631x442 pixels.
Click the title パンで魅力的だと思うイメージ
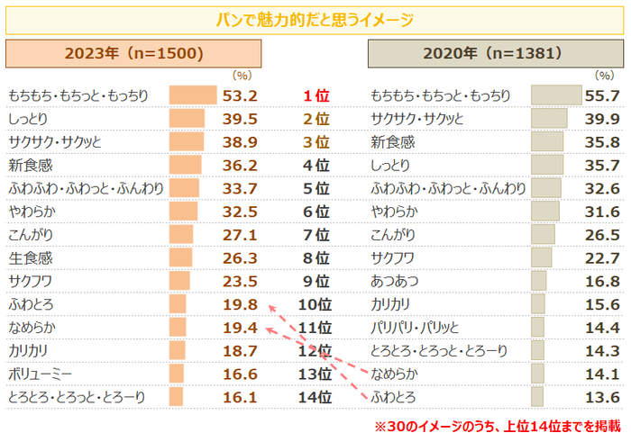pyautogui.click(x=315, y=19)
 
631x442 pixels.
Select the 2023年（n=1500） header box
pyautogui.click(x=133, y=54)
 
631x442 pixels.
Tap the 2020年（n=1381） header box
pyautogui.click(x=495, y=54)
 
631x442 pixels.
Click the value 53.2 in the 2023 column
pyautogui.click(x=241, y=95)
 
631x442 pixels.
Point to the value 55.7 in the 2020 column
pyautogui.click(x=601, y=95)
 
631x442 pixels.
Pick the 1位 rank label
pyautogui.click(x=315, y=95)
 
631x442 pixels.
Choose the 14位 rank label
pyautogui.click(x=315, y=397)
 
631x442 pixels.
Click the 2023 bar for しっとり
pyautogui.click(x=187, y=119)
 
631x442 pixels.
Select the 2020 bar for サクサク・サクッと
pyautogui.click(x=549, y=119)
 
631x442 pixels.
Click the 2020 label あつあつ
pyautogui.click(x=394, y=281)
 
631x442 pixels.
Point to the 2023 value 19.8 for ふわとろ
pyautogui.click(x=241, y=304)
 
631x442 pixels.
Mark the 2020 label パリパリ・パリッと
pyautogui.click(x=416, y=327)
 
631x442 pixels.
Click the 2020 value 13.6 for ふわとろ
pyautogui.click(x=601, y=397)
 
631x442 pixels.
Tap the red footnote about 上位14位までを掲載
pyautogui.click(x=498, y=425)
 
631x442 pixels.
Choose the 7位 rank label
pyautogui.click(x=315, y=234)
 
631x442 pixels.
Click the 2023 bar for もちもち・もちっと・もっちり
pyautogui.click(x=193, y=95)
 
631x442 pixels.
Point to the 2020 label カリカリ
pyautogui.click(x=391, y=304)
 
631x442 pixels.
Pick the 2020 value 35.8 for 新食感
pyautogui.click(x=601, y=142)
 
